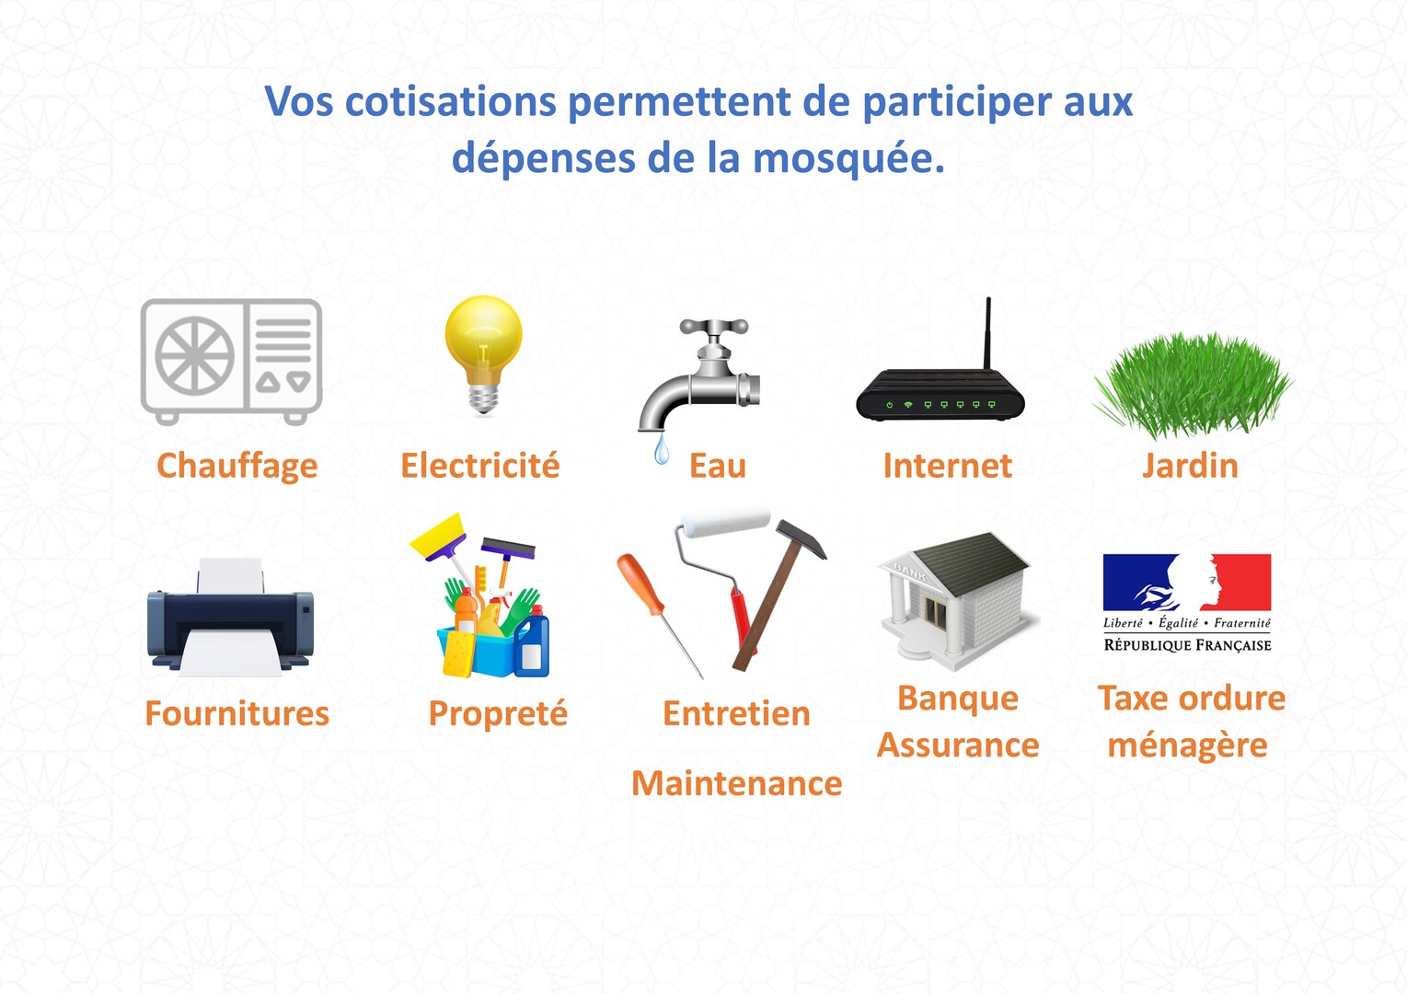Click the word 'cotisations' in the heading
[450, 101]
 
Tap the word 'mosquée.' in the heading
[848, 159]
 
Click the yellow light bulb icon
[484, 354]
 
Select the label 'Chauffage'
[236, 467]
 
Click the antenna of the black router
[987, 334]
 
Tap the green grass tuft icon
[1193, 385]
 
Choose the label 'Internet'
[947, 466]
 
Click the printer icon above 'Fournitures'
[230, 617]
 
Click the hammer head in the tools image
[801, 537]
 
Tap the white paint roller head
[726, 523]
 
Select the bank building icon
[957, 601]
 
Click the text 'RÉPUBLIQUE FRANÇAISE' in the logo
[1187, 645]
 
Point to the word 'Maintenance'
[737, 783]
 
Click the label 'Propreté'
[498, 714]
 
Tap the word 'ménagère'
[1187, 746]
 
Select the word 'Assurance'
[958, 745]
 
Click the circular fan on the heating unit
[195, 355]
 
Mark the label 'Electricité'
[480, 466]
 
